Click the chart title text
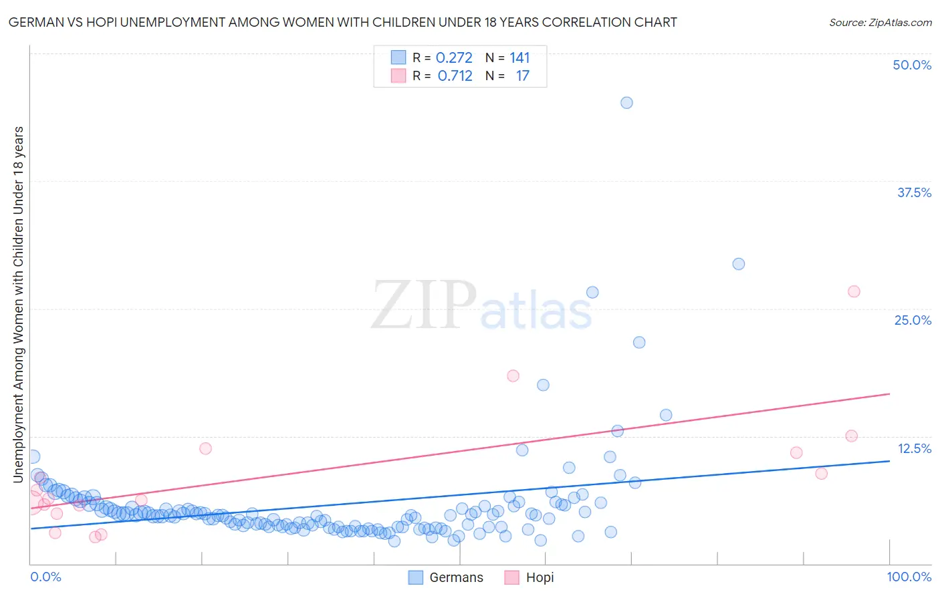tap(342, 22)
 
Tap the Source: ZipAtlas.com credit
tap(880, 22)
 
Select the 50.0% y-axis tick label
tap(912, 65)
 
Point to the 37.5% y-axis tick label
tap(914, 192)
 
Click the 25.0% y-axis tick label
tap(913, 320)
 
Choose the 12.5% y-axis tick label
tap(914, 448)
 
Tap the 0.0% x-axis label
tap(45, 577)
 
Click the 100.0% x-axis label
tap(909, 577)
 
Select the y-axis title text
tap(18, 304)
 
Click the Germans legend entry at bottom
tap(446, 577)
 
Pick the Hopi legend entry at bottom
tap(530, 577)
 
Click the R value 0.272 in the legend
tap(454, 57)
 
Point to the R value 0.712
tap(455, 76)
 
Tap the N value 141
tap(519, 57)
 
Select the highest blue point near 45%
tap(626, 102)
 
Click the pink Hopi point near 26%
tap(854, 291)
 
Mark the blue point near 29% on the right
tap(739, 264)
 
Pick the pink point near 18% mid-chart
tap(513, 376)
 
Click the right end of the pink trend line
tap(889, 394)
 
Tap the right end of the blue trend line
tap(889, 461)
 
